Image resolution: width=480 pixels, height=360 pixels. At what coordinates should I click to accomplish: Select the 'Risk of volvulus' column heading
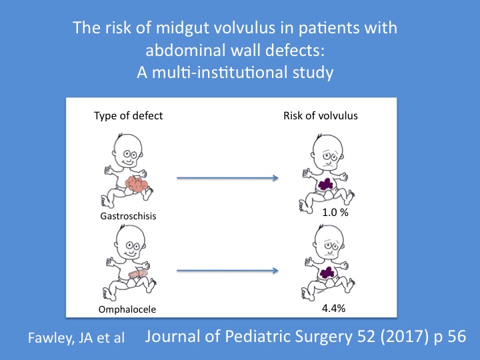pos(325,116)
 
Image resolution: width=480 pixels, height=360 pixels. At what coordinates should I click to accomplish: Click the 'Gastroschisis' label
pos(127,217)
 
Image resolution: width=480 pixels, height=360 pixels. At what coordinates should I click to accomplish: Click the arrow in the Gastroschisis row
pos(227,178)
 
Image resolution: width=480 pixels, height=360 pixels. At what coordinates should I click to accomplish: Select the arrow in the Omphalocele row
pos(227,271)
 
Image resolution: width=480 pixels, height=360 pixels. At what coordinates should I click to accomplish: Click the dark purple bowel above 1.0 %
pos(327,183)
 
